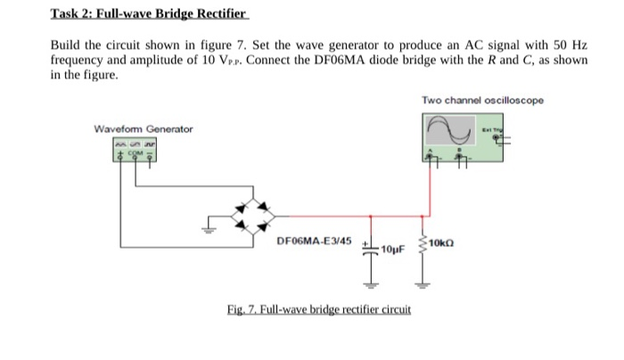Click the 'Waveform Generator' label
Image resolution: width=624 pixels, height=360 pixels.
click(x=143, y=130)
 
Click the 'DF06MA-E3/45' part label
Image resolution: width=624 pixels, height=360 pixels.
click(x=314, y=241)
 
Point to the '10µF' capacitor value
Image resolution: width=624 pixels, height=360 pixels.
click(x=392, y=250)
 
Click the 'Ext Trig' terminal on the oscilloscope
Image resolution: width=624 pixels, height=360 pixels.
click(x=491, y=131)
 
